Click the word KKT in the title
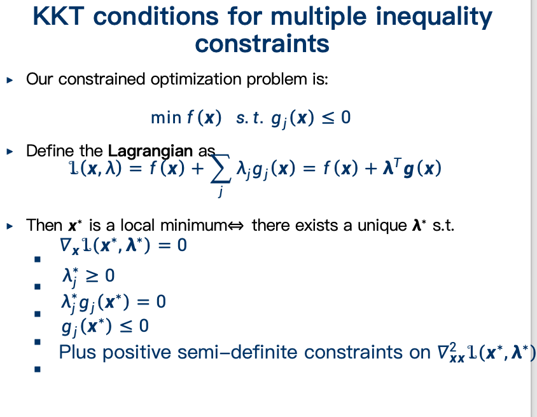click(x=59, y=16)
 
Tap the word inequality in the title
click(x=434, y=17)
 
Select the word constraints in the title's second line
click(x=262, y=44)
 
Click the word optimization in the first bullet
click(x=196, y=79)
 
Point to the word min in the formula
click(x=166, y=118)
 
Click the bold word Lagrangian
click(x=150, y=151)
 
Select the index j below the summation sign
click(x=221, y=191)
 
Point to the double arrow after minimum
click(x=235, y=226)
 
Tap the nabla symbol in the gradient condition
click(x=65, y=245)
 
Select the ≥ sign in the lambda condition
click(x=91, y=276)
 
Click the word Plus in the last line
click(x=78, y=352)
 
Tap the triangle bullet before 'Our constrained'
click(x=10, y=80)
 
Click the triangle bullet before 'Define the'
click(x=10, y=151)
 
